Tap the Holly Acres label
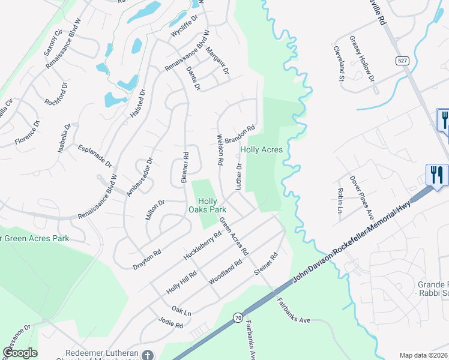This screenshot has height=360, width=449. (x=261, y=149)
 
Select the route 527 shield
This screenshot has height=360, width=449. (x=402, y=61)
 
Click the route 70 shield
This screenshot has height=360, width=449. (x=238, y=317)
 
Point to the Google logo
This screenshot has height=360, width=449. (x=20, y=353)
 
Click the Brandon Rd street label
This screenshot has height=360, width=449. (x=240, y=134)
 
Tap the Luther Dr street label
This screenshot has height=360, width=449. (x=238, y=176)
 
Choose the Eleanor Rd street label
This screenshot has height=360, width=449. (x=185, y=163)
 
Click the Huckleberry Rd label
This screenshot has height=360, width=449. (x=202, y=243)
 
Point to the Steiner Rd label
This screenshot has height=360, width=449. (x=266, y=264)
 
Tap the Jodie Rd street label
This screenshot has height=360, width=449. (x=171, y=325)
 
